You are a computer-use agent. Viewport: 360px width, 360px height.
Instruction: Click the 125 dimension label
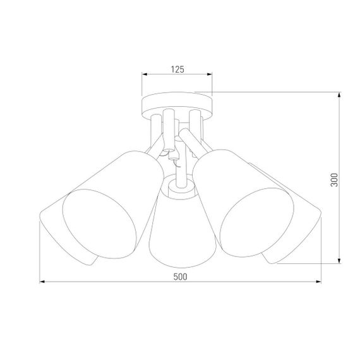coord(177,69)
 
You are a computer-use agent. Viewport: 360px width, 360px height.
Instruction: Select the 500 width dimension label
coord(179,276)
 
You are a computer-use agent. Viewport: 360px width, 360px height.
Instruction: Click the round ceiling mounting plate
coord(177,103)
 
